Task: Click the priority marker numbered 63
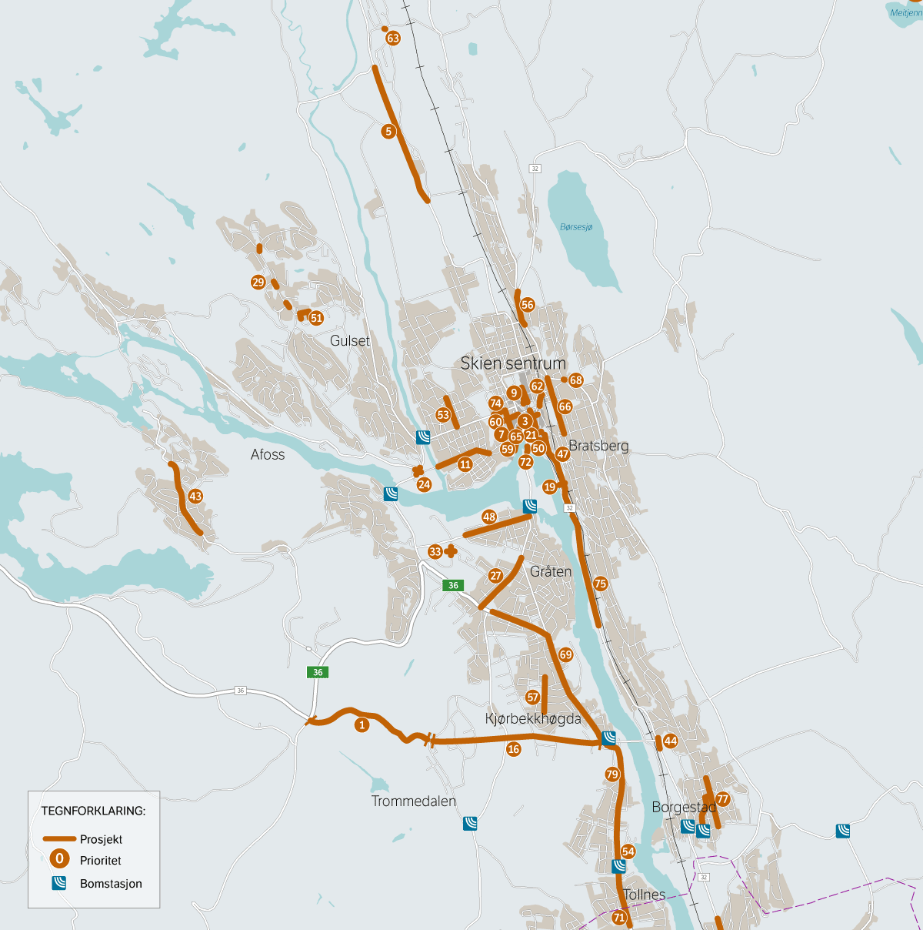(x=393, y=38)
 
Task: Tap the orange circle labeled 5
(x=388, y=132)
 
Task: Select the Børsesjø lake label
(x=576, y=227)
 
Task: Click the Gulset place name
(x=350, y=341)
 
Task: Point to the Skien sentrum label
(x=513, y=363)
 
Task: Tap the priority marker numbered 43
(x=195, y=497)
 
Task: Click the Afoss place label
(x=268, y=455)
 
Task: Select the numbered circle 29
(x=258, y=283)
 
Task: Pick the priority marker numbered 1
(x=362, y=725)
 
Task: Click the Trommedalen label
(x=414, y=801)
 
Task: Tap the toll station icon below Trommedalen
(x=470, y=824)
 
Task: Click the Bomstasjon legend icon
(x=59, y=884)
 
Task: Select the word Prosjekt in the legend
(x=101, y=840)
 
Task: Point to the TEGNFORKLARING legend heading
(x=93, y=811)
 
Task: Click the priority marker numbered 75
(x=601, y=584)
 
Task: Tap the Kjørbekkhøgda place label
(x=533, y=719)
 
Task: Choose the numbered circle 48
(x=489, y=517)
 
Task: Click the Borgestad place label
(x=684, y=808)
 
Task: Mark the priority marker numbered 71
(x=619, y=918)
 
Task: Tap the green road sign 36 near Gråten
(x=453, y=586)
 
